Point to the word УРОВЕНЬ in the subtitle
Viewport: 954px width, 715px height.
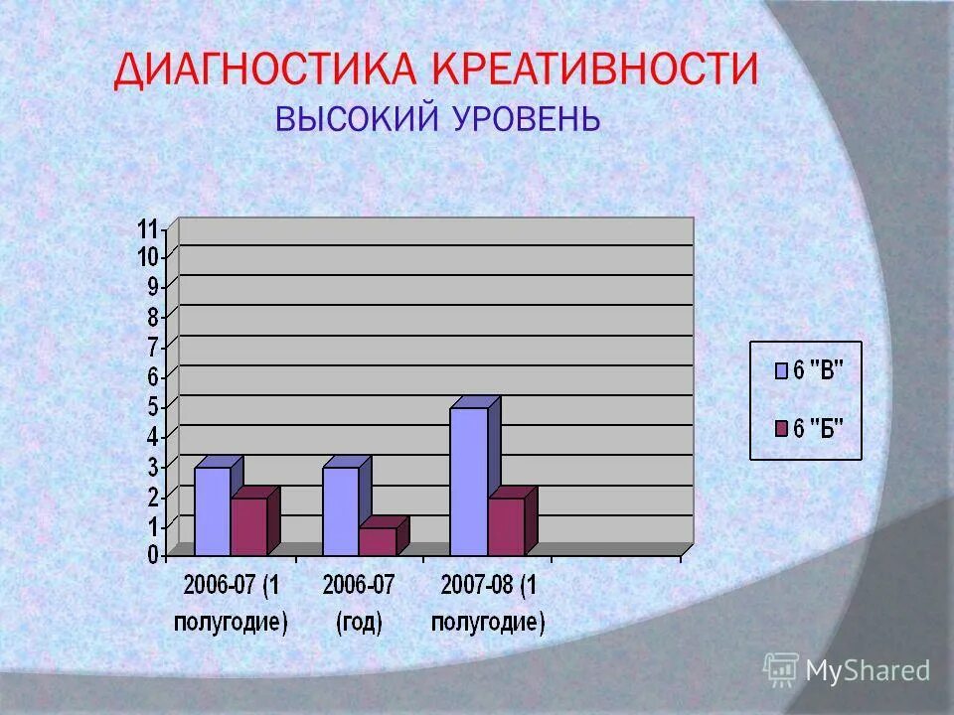[x=526, y=119]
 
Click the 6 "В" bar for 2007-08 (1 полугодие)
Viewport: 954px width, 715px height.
[x=468, y=482]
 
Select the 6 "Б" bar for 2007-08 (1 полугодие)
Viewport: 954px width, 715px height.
[x=505, y=526]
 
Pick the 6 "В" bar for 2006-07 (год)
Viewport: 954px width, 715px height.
[x=340, y=511]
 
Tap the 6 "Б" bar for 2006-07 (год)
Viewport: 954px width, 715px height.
[x=377, y=541]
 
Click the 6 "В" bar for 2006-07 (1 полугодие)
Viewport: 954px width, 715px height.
[x=212, y=511]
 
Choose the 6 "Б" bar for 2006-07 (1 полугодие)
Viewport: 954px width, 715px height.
[x=248, y=526]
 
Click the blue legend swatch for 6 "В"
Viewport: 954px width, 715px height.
[x=781, y=371]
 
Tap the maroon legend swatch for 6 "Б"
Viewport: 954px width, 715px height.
[x=781, y=429]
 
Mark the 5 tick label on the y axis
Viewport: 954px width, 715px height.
[x=153, y=406]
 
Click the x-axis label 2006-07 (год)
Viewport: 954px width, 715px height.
[x=358, y=604]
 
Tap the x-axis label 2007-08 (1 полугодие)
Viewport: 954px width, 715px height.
[x=487, y=604]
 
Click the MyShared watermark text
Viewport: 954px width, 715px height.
[x=868, y=671]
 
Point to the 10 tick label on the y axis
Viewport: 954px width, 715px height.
[x=148, y=258]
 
